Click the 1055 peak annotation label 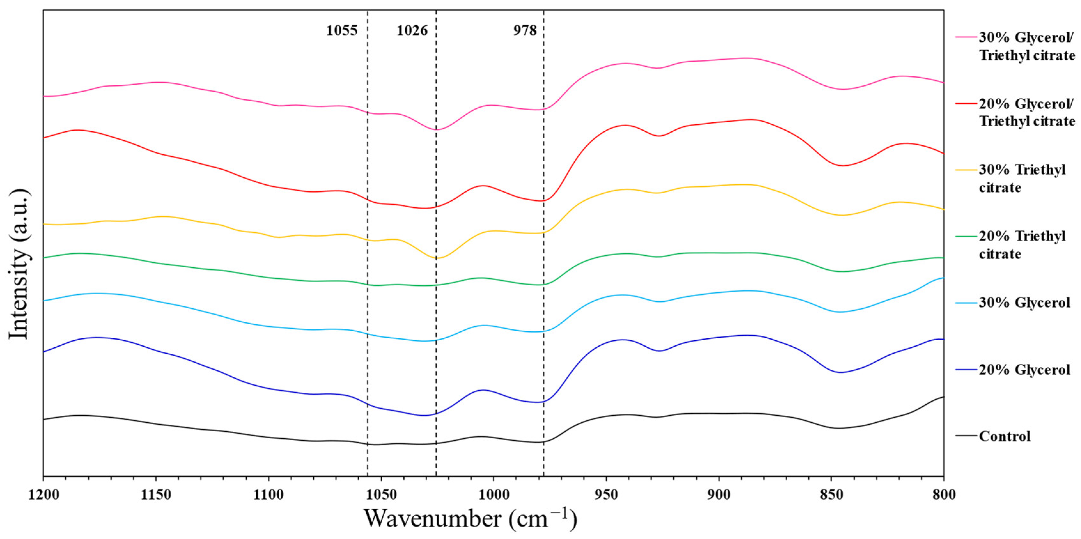pos(342,31)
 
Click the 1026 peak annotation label pos(412,31)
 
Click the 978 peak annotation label pos(525,31)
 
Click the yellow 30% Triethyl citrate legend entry pos(1022,178)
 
